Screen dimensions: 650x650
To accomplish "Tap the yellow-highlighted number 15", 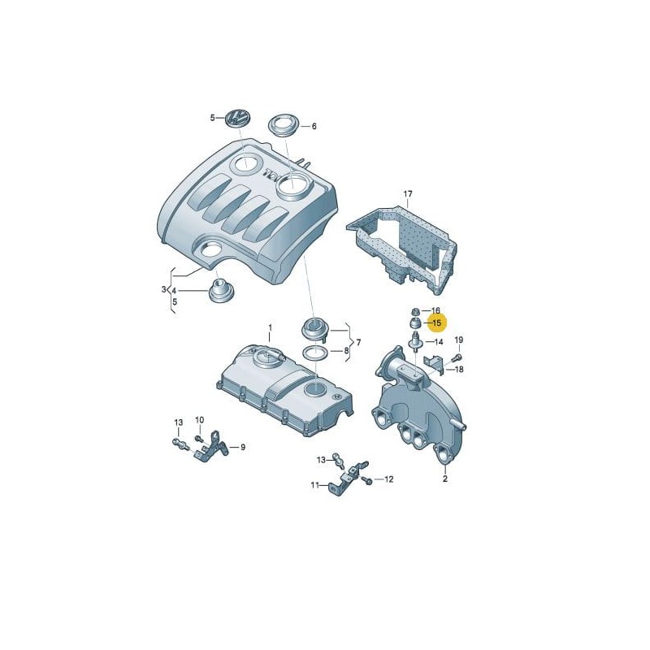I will coord(436,323).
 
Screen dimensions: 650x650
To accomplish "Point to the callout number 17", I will coord(408,194).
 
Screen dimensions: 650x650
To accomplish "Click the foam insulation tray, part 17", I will coord(406,244).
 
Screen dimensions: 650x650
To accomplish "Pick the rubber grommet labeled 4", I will coord(219,291).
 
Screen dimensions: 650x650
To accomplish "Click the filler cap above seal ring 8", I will coord(314,330).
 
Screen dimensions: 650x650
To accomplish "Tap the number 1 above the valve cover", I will coord(271,327).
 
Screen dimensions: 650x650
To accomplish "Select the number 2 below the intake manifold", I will coord(444,479).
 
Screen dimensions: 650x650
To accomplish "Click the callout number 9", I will coord(242,447).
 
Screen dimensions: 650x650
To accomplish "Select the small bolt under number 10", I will coord(197,439).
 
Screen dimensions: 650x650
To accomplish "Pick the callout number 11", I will coord(314,486).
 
